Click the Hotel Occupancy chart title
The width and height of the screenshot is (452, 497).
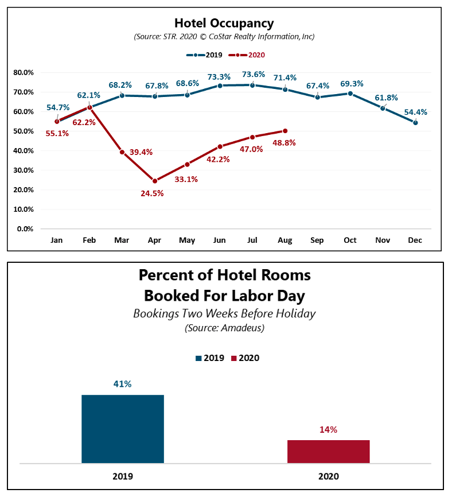[x=224, y=24]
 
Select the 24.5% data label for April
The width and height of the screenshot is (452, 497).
[x=152, y=193]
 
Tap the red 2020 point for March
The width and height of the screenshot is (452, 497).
[x=122, y=152]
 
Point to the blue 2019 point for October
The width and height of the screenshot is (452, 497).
[x=350, y=94]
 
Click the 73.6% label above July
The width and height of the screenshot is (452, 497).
[x=254, y=74]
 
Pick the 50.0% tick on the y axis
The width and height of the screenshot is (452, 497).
[x=24, y=131]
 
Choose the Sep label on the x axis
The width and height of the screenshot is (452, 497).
[x=317, y=240]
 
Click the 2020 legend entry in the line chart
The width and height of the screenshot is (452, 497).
[x=247, y=55]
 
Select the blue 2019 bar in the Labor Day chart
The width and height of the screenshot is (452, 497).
[x=123, y=429]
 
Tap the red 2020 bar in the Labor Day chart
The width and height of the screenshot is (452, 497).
[x=329, y=452]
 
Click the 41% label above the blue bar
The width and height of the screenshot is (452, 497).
[x=122, y=384]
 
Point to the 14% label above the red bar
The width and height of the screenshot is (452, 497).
[x=328, y=430]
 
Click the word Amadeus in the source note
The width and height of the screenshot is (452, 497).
[x=241, y=328]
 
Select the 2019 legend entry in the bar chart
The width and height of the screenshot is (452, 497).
[x=210, y=358]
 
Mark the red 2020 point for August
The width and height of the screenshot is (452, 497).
[x=285, y=131]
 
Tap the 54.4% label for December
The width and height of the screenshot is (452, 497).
[x=415, y=112]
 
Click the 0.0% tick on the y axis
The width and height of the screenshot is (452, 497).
[x=25, y=229]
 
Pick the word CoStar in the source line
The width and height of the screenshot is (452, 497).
[x=220, y=37]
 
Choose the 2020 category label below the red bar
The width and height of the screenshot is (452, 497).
[x=329, y=476]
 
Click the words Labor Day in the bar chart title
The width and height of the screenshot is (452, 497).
[x=268, y=296]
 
